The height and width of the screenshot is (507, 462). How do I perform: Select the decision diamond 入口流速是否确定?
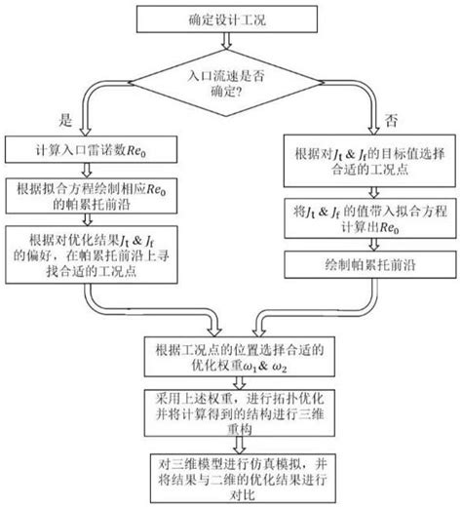(x=231, y=82)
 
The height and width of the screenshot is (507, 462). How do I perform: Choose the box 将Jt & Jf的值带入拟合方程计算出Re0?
(x=362, y=219)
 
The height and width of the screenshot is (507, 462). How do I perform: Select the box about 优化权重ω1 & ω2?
(x=231, y=358)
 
